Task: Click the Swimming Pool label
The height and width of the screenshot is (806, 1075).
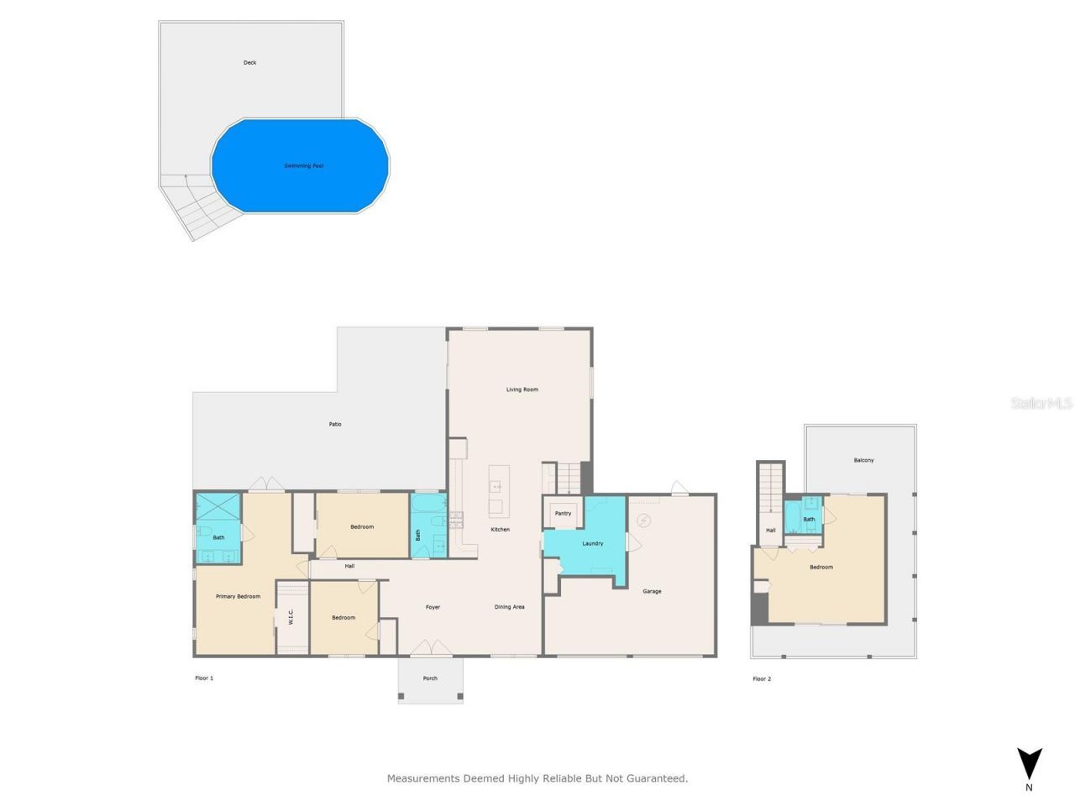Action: tap(303, 166)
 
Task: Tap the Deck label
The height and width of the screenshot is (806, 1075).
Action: tap(249, 63)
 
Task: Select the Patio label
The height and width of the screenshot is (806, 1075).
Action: tap(335, 425)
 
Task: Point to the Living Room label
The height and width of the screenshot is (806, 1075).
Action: tap(522, 390)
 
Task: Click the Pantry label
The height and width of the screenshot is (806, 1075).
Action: tap(563, 514)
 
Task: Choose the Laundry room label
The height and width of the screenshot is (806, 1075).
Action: tap(592, 544)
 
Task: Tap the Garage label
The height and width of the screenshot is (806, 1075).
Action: tap(652, 592)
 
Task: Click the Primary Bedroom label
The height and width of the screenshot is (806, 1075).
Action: tap(238, 597)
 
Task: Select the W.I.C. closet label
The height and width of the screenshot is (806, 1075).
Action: tap(291, 617)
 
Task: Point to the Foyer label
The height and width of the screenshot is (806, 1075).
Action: tap(433, 607)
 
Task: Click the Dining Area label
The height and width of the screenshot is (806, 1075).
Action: tap(509, 607)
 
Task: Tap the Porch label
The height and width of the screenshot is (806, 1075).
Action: tap(430, 678)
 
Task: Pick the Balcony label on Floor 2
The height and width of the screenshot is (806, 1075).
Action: tap(863, 460)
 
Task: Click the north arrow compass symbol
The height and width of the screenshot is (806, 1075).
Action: tap(1029, 764)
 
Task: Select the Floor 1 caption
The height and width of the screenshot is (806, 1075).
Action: tap(204, 678)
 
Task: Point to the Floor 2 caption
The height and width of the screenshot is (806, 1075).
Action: tap(761, 679)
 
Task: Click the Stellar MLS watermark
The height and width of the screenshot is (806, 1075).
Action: tap(1041, 404)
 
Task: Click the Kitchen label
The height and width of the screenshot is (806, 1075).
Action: tap(500, 530)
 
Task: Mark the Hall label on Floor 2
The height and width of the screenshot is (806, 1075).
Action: tap(770, 531)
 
